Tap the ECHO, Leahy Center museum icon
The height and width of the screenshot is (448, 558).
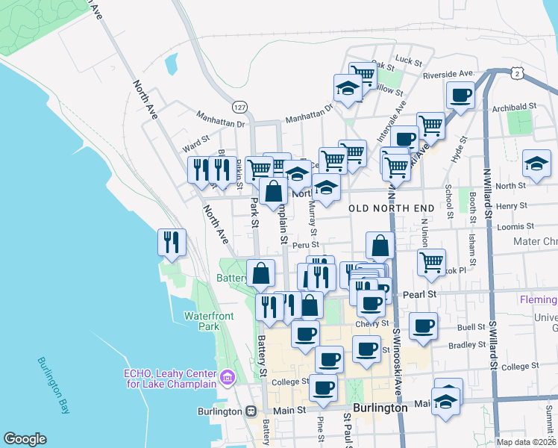228,379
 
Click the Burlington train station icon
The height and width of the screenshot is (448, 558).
251,411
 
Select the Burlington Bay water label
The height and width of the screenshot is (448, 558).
51,381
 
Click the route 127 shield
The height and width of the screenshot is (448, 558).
239,106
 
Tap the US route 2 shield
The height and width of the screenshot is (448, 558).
515,73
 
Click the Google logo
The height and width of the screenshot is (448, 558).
25,439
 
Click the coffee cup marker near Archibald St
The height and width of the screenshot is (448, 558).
460,96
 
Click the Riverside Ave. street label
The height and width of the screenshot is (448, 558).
448,74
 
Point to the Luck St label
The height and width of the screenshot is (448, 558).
409,59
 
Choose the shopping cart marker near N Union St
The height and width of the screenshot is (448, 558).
431,263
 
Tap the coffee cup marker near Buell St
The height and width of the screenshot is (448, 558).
423,326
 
